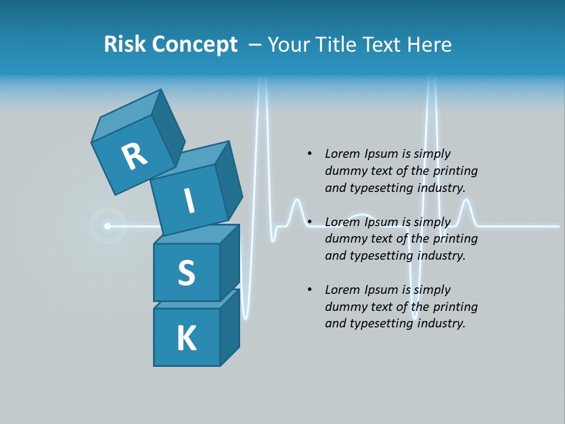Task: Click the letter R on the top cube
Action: coord(134,156)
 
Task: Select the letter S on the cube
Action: coord(186,273)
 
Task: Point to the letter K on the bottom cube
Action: coord(186,339)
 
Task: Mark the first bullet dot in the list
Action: coord(310,154)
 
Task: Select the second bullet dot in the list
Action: coord(310,222)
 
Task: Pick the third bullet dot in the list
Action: coord(310,290)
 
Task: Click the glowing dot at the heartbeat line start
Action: coord(107,226)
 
